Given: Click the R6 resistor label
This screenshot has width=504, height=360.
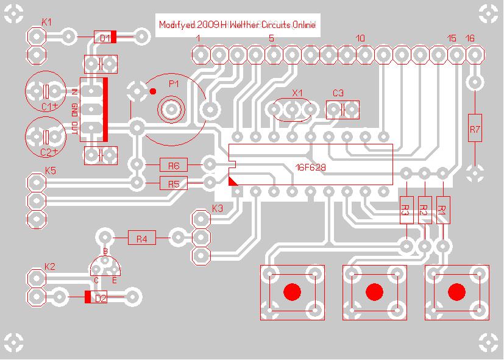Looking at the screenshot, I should [x=174, y=165].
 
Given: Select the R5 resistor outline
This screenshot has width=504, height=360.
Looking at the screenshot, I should [x=174, y=183].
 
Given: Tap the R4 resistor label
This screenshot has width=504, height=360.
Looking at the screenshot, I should [x=141, y=239].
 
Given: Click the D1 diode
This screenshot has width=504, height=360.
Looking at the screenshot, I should [x=105, y=38].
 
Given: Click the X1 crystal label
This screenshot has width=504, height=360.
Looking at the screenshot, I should [x=297, y=93].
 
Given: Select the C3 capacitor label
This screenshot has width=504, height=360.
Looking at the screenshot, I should [x=338, y=93].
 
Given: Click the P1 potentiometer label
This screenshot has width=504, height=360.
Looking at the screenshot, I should [x=174, y=84].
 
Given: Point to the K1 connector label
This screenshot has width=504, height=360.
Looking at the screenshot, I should [x=46, y=22].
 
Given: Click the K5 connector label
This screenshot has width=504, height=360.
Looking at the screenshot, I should [x=50, y=170].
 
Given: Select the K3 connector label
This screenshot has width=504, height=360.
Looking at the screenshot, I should [x=218, y=208].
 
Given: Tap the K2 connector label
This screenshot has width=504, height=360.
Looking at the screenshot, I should [x=50, y=266].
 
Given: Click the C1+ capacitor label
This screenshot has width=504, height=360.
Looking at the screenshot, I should [x=49, y=107].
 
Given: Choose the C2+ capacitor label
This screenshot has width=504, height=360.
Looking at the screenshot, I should [x=49, y=152].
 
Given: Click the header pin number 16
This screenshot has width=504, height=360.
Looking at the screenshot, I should [x=470, y=38].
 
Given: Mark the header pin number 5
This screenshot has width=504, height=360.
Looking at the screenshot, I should [x=271, y=38].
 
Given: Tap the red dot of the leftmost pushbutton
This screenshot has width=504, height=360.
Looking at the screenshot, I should [x=293, y=292].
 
